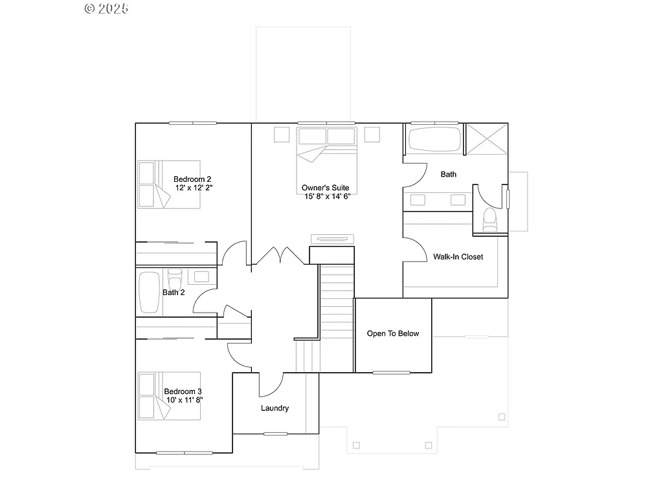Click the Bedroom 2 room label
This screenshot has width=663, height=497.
[x=192, y=179]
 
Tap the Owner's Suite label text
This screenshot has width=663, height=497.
[x=325, y=187]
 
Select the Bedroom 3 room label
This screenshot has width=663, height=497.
[x=183, y=392]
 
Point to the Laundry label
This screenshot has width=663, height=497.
[x=275, y=408]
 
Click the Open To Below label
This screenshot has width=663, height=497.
[x=392, y=334]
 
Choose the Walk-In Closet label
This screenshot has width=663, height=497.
[x=458, y=257]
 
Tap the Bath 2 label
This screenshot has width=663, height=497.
[x=174, y=293]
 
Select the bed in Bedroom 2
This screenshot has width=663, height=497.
[x=169, y=184]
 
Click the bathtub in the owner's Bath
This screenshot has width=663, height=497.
[x=434, y=140]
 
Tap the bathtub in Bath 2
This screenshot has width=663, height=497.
[x=149, y=293]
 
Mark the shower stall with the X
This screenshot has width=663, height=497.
[x=486, y=139]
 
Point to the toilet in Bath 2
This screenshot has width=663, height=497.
[x=174, y=280]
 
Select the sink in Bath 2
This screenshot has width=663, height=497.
[x=201, y=277]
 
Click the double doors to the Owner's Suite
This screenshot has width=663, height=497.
[x=280, y=256]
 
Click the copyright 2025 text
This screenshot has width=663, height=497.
[x=107, y=8]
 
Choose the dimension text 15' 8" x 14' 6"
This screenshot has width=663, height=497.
[x=327, y=196]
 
